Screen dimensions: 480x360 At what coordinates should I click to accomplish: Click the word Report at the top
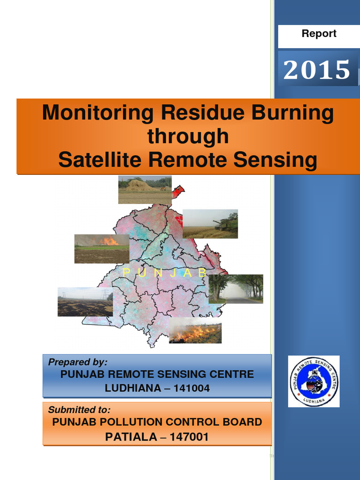click(319, 34)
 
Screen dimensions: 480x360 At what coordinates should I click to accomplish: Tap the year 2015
click(317, 70)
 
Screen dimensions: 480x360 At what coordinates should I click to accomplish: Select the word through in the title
click(188, 136)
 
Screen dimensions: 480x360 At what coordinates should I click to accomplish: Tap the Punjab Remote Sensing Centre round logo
click(314, 381)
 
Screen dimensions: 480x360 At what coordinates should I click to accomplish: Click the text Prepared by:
click(78, 362)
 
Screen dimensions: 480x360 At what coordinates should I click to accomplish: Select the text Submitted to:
click(79, 409)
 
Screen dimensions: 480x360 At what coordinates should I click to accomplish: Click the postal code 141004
click(189, 389)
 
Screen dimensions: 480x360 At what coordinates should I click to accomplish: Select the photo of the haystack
click(145, 189)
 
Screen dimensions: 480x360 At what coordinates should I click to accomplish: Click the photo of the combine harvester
click(210, 224)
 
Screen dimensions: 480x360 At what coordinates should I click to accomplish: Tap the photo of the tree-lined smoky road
click(236, 289)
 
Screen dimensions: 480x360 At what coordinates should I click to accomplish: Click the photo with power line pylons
click(85, 302)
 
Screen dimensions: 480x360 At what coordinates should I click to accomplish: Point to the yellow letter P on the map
click(125, 272)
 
